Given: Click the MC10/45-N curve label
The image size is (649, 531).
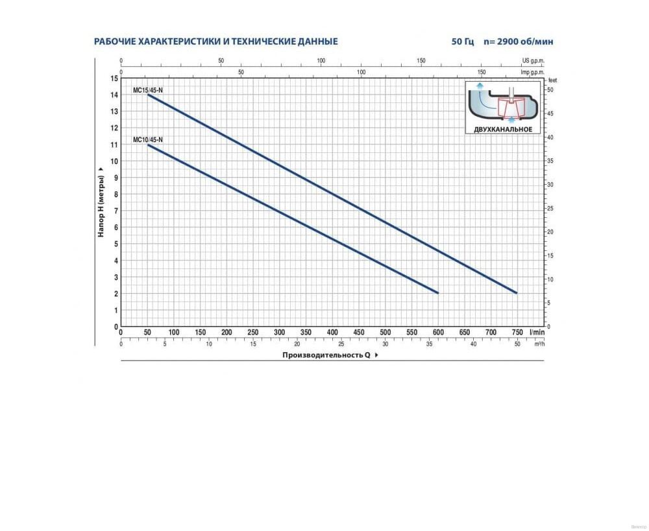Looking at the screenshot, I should (x=148, y=139).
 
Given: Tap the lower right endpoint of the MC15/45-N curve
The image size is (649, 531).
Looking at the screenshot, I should (x=517, y=293).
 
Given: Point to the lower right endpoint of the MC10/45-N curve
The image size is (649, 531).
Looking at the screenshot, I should (x=438, y=293).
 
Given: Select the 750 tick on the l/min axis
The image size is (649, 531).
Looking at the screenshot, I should (x=517, y=333).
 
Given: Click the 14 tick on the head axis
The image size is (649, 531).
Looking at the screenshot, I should (x=115, y=95).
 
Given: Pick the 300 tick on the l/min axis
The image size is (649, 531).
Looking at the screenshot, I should (x=279, y=333).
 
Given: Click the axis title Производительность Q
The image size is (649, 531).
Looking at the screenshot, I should (x=326, y=355).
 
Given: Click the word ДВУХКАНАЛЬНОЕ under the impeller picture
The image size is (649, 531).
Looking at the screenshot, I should (x=503, y=130).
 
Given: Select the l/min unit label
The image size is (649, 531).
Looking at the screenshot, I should (x=536, y=333).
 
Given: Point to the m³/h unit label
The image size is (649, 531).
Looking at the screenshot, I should (x=539, y=344).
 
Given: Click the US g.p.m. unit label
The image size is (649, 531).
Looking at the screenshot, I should (x=533, y=60).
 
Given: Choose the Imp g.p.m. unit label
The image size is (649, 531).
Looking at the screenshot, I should (x=533, y=73).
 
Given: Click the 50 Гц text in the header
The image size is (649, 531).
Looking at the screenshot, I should (x=463, y=41).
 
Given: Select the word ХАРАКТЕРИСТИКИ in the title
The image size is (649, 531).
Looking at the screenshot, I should (x=173, y=41).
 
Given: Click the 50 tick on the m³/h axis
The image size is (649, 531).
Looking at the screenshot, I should (x=517, y=344).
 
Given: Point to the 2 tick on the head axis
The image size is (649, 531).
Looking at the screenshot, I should (x=115, y=294).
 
